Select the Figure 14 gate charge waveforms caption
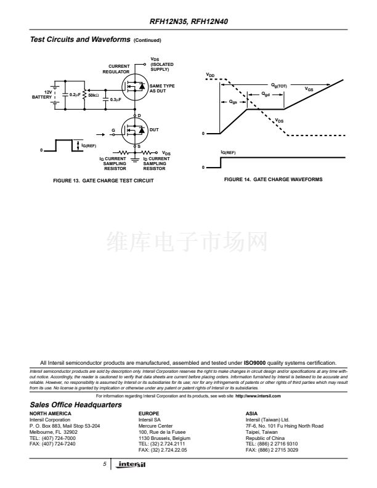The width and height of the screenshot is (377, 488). click(274, 179)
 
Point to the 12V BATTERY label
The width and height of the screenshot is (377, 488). click(43, 94)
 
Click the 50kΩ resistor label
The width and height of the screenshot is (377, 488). click(94, 95)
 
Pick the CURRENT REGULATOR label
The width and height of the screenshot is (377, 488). click(119, 68)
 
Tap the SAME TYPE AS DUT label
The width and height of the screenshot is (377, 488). click(162, 88)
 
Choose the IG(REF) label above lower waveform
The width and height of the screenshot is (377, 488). click(228, 152)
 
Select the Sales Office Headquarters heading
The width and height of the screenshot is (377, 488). click(76, 404)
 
